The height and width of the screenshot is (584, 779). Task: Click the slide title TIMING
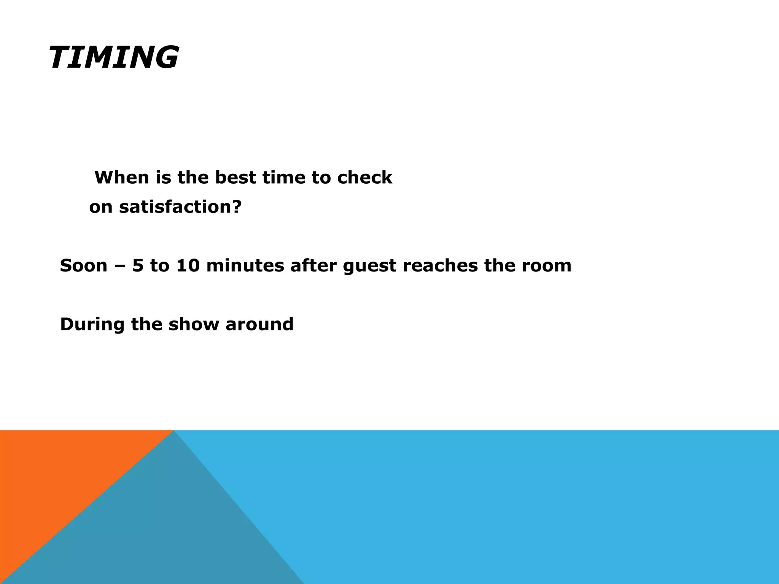[113, 58]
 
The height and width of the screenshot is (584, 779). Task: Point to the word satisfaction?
[180, 207]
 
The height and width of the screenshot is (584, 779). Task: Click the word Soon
[84, 265]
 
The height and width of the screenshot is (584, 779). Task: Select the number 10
[188, 265]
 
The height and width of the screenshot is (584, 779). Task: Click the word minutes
[245, 265]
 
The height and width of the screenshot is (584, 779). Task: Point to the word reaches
[440, 265]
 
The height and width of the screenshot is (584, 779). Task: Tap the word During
[92, 325]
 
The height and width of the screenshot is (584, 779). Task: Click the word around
[259, 325]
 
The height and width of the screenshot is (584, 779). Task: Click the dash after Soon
[120, 266]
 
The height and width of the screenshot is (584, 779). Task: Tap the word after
[313, 265]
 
